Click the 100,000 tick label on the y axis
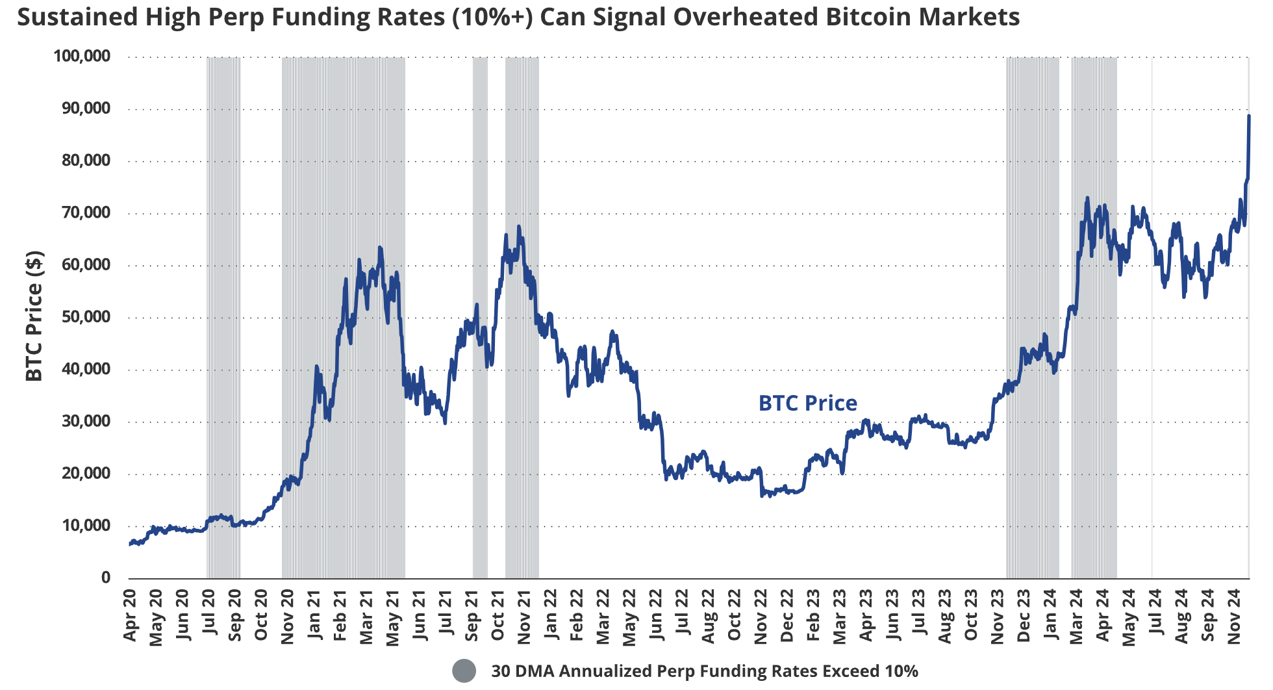pyautogui.click(x=82, y=57)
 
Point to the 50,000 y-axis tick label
pyautogui.click(x=86, y=317)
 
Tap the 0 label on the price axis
pyautogui.click(x=106, y=578)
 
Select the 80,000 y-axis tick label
pyautogui.click(x=86, y=160)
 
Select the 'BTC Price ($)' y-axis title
pyautogui.click(x=34, y=316)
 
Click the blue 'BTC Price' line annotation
pyautogui.click(x=807, y=403)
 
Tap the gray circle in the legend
pyautogui.click(x=464, y=671)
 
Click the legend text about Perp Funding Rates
pyautogui.click(x=704, y=671)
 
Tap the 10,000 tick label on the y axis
pyautogui.click(x=86, y=526)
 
